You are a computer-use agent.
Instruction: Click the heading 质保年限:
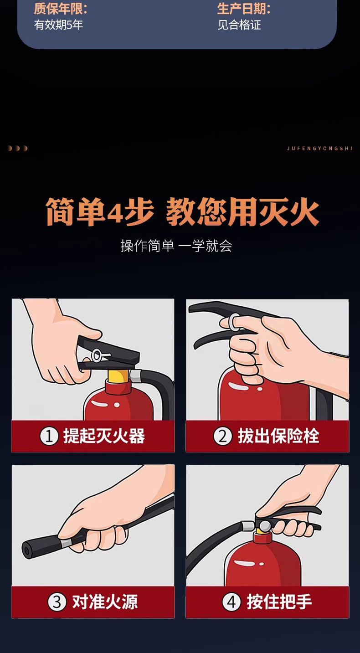coord(60,9)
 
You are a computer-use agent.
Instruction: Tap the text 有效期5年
coord(59,25)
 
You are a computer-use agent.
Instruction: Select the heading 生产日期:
coord(244,9)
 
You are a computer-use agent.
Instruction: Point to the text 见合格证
coord(239,25)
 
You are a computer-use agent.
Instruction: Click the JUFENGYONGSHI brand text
coord(320,149)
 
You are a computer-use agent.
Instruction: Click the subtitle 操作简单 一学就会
coord(176,246)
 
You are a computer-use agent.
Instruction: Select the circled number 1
coord(48,437)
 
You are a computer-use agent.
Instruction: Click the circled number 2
coord(223,437)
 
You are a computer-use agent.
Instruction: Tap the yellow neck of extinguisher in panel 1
coord(118,375)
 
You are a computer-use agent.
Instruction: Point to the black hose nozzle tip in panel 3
coord(27,550)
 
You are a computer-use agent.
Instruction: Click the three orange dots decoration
coord(17,149)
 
